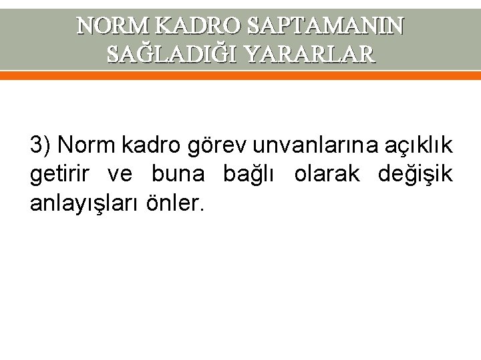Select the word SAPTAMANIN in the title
(x=325, y=25)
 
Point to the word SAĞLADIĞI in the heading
(x=172, y=53)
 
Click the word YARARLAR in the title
(x=310, y=53)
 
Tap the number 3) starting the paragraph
(x=41, y=145)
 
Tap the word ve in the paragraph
(x=122, y=175)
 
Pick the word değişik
(x=415, y=175)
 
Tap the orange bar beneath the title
(x=240, y=76)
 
